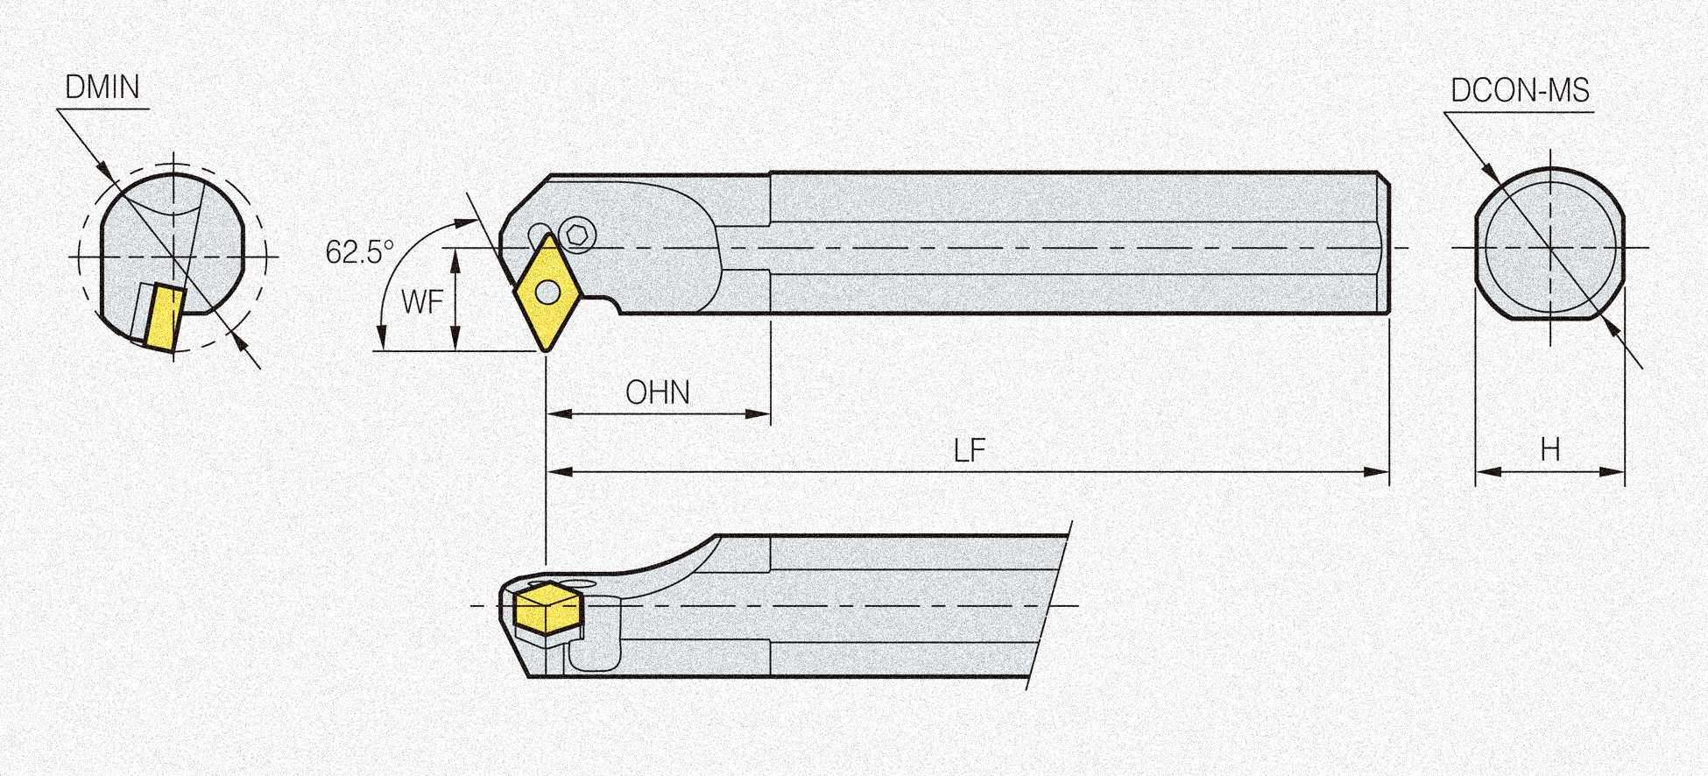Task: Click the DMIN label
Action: coord(102,88)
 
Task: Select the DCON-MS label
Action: coord(1520,91)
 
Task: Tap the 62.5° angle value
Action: coord(359,252)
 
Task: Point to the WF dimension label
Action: coord(422,302)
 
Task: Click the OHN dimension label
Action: coord(658,392)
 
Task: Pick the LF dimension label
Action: coord(970,451)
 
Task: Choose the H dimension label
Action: coord(1550,450)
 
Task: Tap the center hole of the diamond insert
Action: coord(547,292)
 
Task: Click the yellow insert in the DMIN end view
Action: coord(165,316)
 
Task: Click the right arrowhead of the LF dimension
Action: coord(1380,472)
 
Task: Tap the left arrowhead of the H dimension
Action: coord(1485,472)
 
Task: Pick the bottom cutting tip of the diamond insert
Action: coord(545,350)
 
